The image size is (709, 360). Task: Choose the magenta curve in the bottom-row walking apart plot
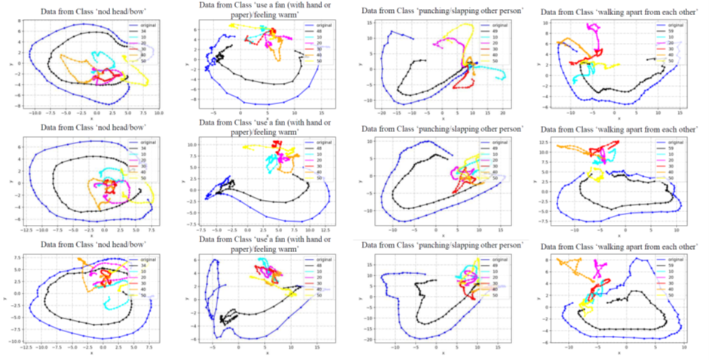[601, 266]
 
